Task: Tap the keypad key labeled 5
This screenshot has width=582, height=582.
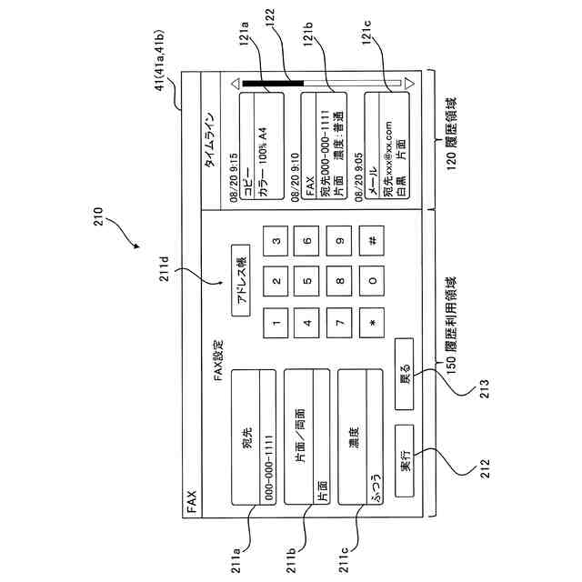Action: pos(306,281)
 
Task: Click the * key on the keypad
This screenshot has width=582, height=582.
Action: pos(372,323)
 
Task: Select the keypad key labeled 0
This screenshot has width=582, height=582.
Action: pos(372,281)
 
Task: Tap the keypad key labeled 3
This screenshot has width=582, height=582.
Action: pos(276,241)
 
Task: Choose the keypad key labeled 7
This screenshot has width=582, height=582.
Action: pos(339,323)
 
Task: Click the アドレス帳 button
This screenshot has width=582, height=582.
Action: pos(241,281)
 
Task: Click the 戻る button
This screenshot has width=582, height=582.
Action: pos(404,374)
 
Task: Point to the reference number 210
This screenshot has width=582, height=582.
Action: pos(98,216)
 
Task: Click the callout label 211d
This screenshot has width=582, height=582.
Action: pos(164,268)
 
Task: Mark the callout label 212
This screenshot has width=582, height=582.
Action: pos(485,468)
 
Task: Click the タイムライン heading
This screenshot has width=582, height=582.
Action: pos(210,140)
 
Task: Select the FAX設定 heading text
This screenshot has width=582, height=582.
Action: pos(218,360)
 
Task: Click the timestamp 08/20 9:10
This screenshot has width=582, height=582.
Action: pos(295,177)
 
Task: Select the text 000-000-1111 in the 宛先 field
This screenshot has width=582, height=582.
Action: pos(269,467)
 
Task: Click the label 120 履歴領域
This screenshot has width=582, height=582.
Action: pos(451,134)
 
